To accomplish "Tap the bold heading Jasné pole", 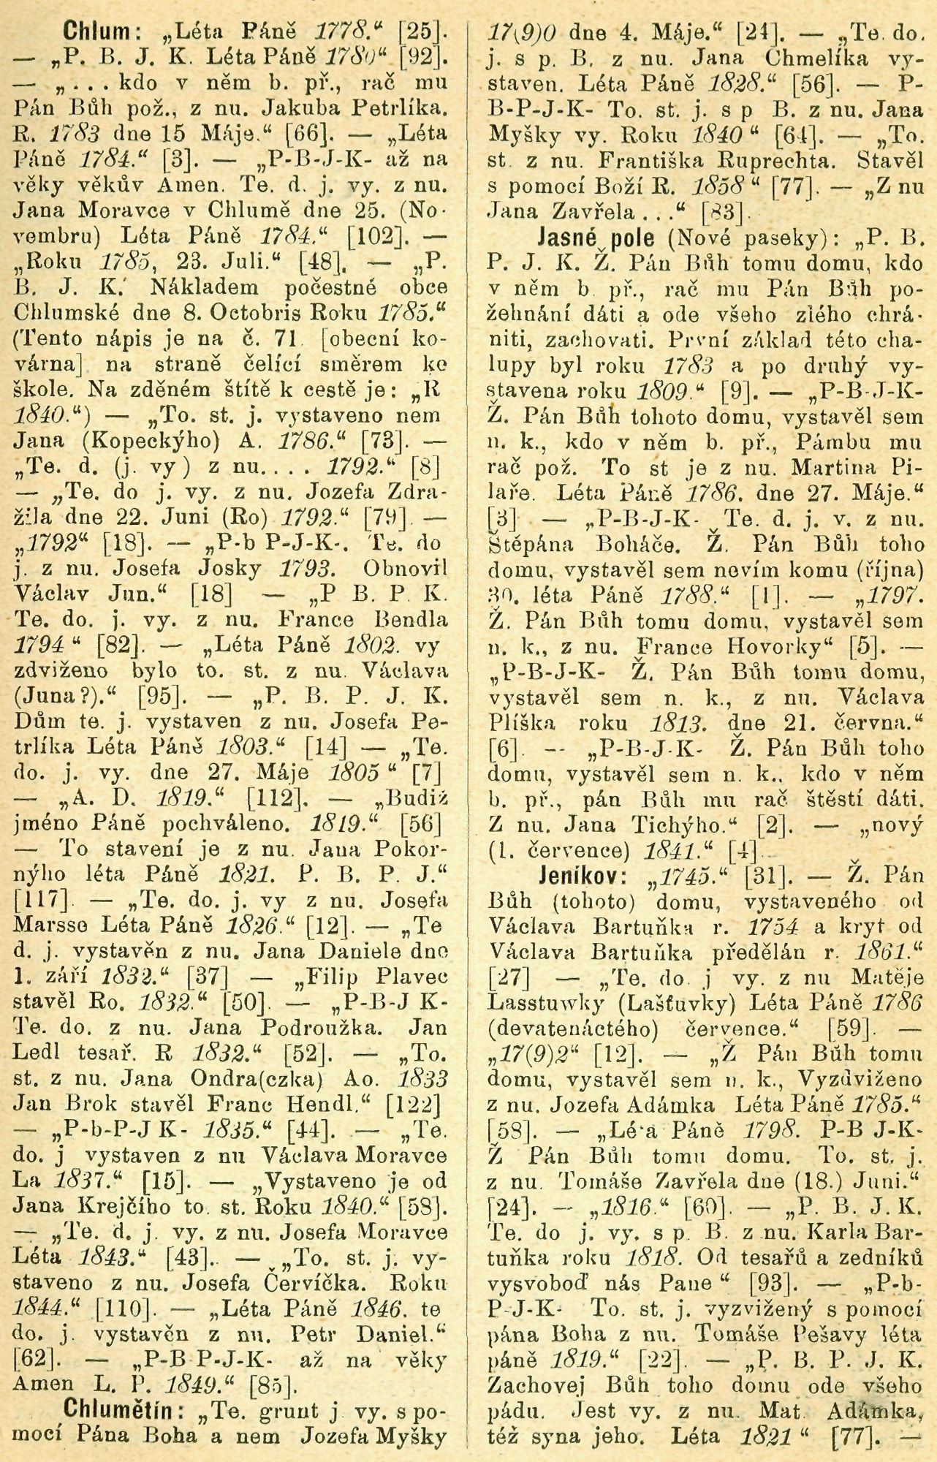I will click(590, 238).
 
